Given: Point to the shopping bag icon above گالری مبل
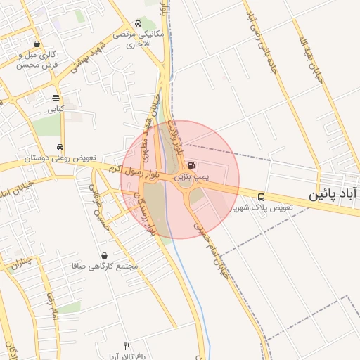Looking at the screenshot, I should [37, 44].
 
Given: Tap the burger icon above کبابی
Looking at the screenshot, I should [56, 98].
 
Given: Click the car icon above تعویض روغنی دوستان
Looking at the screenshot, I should [60, 148].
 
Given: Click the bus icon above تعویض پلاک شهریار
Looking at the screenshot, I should [262, 198].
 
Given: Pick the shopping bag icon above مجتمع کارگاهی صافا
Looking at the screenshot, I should [105, 255].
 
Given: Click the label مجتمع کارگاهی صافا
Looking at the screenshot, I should [105, 266].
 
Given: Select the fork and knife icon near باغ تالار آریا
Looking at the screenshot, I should [127, 346].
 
